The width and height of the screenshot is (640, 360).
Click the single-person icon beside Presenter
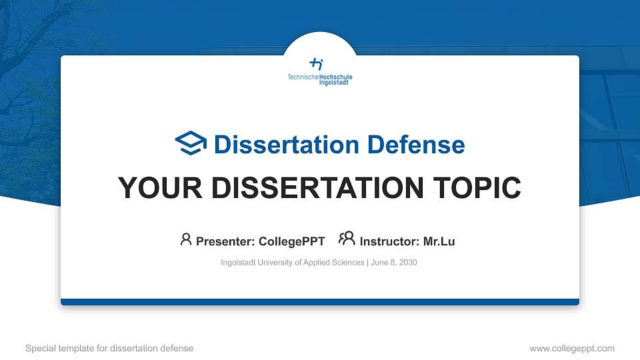pyautogui.click(x=186, y=240)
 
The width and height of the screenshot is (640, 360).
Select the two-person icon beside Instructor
pyautogui.click(x=347, y=240)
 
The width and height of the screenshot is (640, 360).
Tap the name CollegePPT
pyautogui.click(x=292, y=241)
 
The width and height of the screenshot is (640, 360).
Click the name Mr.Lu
pyautogui.click(x=439, y=241)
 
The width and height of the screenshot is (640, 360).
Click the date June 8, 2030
pyautogui.click(x=394, y=263)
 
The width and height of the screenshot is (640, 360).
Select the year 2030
pyautogui.click(x=407, y=263)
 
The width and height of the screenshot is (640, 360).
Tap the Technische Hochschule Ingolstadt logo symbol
pyautogui.click(x=317, y=64)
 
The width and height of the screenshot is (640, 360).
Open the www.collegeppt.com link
pyautogui.click(x=571, y=348)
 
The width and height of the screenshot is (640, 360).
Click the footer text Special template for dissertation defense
pyautogui.click(x=109, y=348)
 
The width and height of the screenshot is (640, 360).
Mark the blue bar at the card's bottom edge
pyautogui.click(x=320, y=302)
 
